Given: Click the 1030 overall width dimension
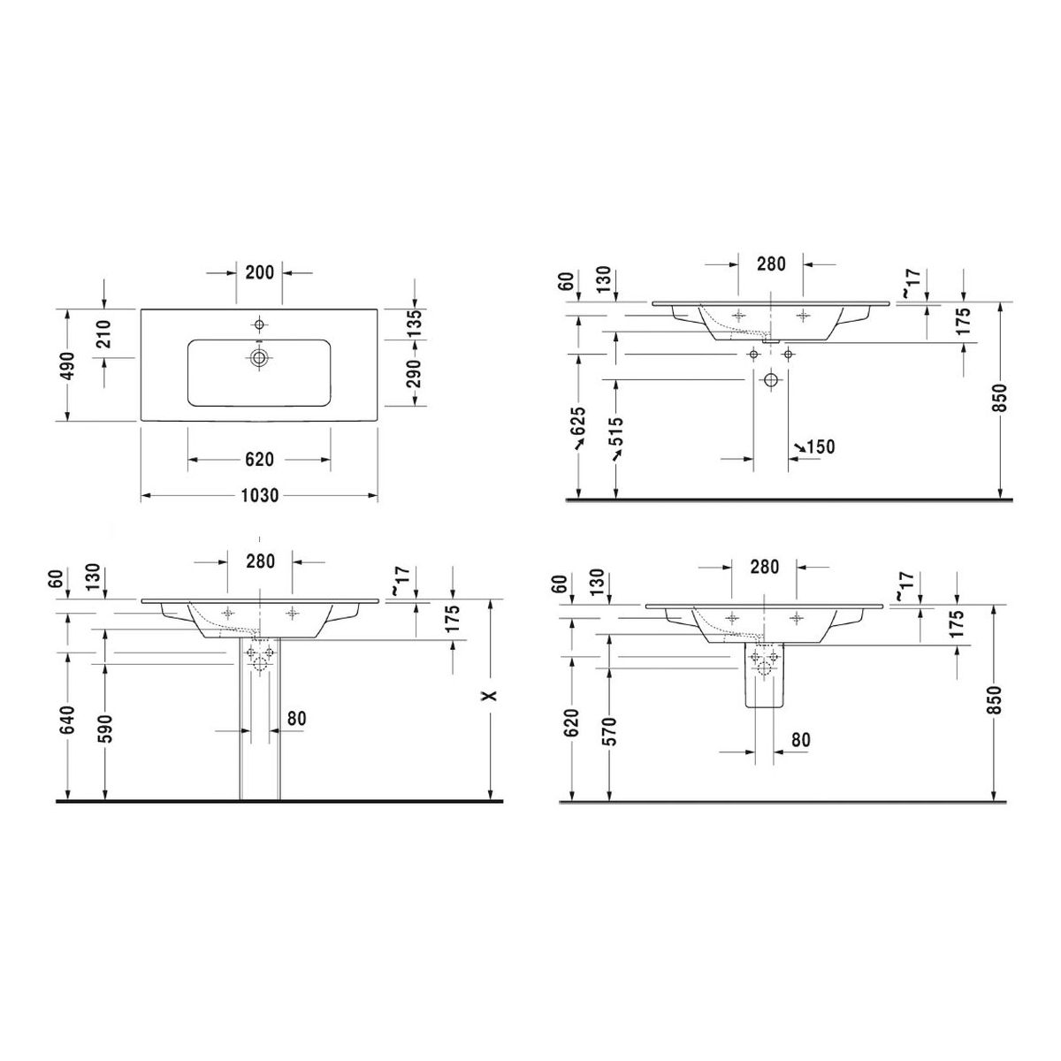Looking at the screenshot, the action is (260, 495).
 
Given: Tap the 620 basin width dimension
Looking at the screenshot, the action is (259, 459).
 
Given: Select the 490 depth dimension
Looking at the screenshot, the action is (68, 365).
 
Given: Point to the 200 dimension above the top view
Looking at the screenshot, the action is (259, 272).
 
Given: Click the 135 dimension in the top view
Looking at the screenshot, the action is (416, 324).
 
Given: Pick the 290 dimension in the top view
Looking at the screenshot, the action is (416, 373).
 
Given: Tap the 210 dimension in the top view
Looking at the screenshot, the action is (105, 333).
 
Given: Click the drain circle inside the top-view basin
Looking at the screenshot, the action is (259, 358).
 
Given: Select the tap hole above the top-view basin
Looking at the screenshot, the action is (259, 324).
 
